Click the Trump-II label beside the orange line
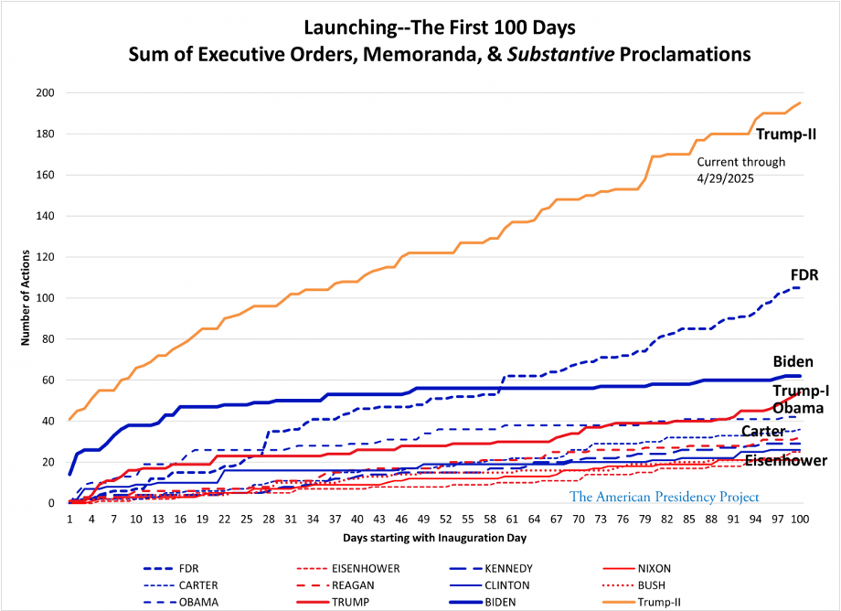(785, 135)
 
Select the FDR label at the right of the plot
(803, 274)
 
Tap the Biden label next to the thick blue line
(793, 361)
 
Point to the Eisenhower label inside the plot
(785, 460)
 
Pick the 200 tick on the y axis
(46, 93)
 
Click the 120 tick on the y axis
(46, 257)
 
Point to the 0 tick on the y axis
(52, 503)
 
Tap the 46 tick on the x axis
(402, 519)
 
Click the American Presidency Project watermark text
(665, 497)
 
